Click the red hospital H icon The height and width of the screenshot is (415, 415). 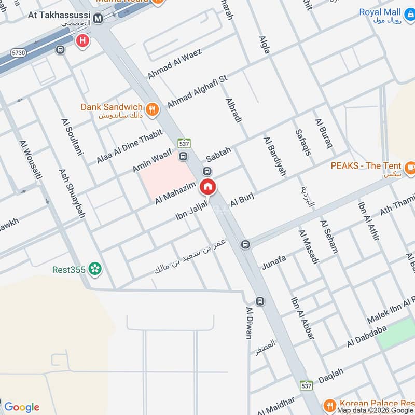pos(81,40)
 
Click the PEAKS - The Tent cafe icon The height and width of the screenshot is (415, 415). pos(410,167)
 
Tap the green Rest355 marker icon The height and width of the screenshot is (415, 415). pos(94,269)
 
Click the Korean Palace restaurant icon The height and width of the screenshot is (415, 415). pos(329,405)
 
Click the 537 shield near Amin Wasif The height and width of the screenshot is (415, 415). pos(183,143)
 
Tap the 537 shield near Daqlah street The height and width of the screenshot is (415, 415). pos(306,386)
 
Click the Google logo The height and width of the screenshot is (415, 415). pos(21,407)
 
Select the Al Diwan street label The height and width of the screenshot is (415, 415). pos(248,323)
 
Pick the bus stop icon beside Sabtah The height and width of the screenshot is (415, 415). pos(207,172)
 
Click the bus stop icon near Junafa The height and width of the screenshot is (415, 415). pos(245,244)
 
